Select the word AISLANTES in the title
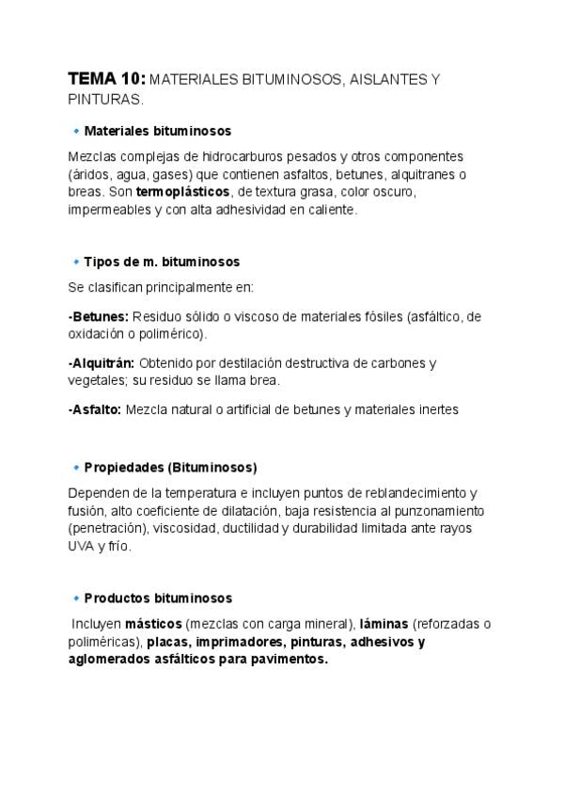[x=383, y=81]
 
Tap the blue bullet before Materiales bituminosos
[x=75, y=131]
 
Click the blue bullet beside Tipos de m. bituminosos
[x=75, y=261]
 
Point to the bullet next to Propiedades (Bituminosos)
[x=75, y=467]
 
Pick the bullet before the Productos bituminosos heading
[x=75, y=598]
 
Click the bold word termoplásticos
[x=182, y=191]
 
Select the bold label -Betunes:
[x=98, y=317]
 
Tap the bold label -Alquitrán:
[x=102, y=362]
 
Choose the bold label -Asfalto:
[x=94, y=409]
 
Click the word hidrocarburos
[x=226, y=156]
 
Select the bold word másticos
[x=153, y=624]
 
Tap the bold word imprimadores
[x=236, y=642]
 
